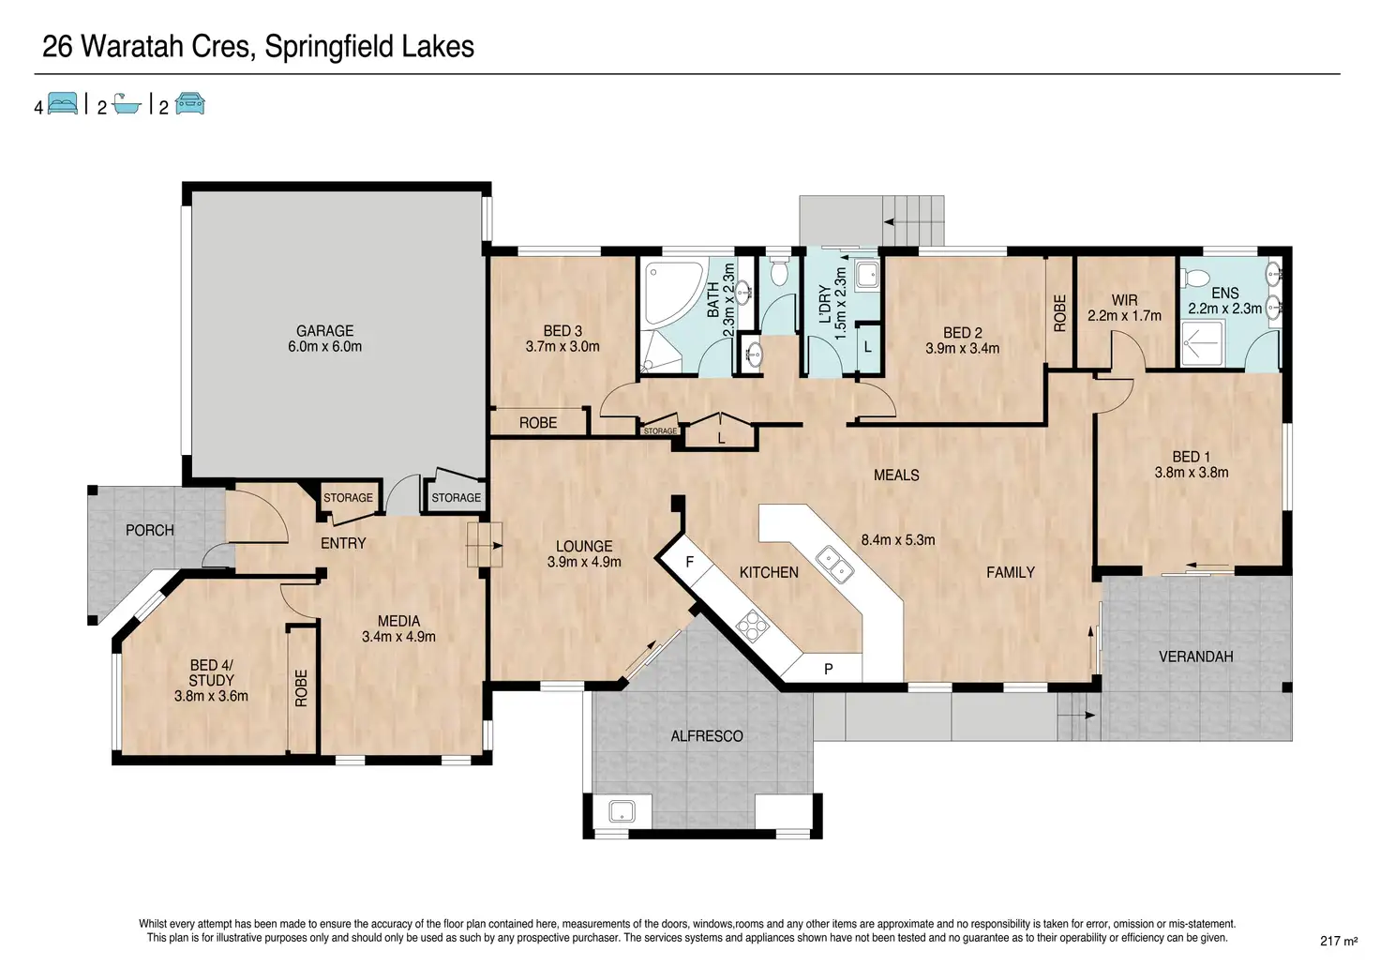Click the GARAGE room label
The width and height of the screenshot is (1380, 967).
pos(324,331)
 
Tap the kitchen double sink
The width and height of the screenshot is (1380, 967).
pos(834,564)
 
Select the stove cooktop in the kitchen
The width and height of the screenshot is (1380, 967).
pos(753,626)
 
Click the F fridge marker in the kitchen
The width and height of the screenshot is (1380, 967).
pos(690,562)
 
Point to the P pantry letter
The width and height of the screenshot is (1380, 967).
pos(829,669)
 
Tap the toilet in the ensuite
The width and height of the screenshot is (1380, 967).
pos(1196,278)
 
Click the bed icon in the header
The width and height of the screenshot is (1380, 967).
pos(63,103)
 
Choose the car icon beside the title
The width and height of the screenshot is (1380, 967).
pos(190,103)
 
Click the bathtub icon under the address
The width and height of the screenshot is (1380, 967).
pos(127,104)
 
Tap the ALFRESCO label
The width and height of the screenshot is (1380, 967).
pos(707,736)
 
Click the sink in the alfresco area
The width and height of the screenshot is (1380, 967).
pos(622,811)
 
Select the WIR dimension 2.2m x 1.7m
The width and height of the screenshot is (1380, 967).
pos(1124,316)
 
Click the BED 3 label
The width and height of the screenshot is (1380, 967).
pos(562,331)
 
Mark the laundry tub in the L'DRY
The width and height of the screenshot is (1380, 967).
pos(867,275)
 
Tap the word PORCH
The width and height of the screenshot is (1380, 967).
pos(150,530)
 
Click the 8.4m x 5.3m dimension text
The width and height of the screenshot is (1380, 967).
pos(897,540)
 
